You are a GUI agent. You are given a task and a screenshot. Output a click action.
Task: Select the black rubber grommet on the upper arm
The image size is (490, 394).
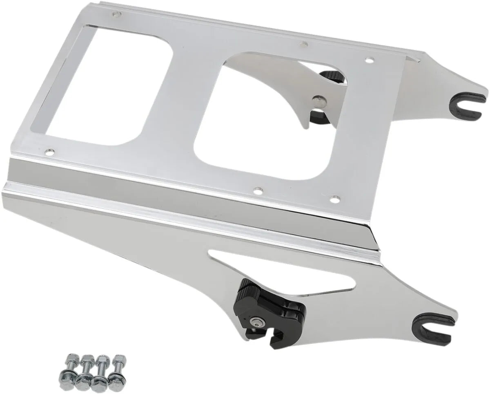467,105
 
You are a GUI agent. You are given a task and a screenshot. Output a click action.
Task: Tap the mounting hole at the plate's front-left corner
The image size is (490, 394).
50,152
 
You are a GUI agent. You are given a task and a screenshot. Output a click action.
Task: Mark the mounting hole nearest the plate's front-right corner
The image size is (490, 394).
334,199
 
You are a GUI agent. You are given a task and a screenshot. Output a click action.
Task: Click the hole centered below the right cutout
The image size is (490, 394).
257,190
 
